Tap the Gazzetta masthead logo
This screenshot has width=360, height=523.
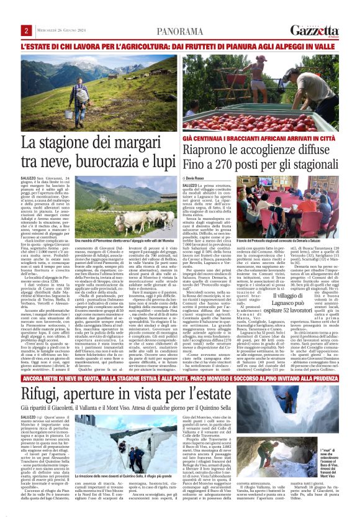(x=321, y=30)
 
